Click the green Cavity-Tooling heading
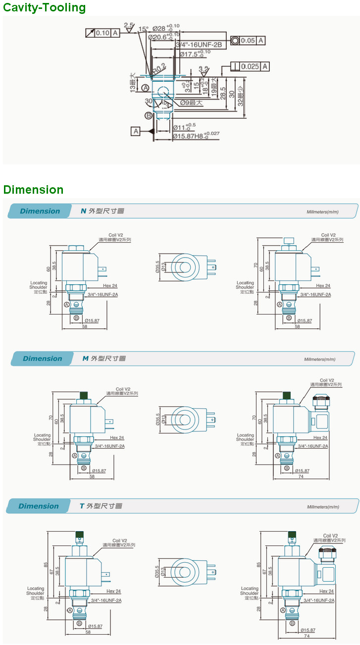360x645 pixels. (44, 8)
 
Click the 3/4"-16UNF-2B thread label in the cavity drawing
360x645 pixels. (201, 45)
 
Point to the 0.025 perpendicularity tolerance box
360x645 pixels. (251, 66)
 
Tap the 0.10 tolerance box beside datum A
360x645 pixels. (102, 33)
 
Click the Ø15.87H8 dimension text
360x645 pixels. (196, 135)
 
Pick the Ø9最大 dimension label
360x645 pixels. (191, 103)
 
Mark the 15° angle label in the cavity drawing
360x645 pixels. (144, 29)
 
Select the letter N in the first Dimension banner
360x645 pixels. (83, 211)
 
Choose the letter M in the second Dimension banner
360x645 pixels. (85, 358)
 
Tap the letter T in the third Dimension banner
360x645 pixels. (82, 506)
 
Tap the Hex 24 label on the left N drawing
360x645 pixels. (110, 286)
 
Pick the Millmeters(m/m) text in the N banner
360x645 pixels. (322, 212)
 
